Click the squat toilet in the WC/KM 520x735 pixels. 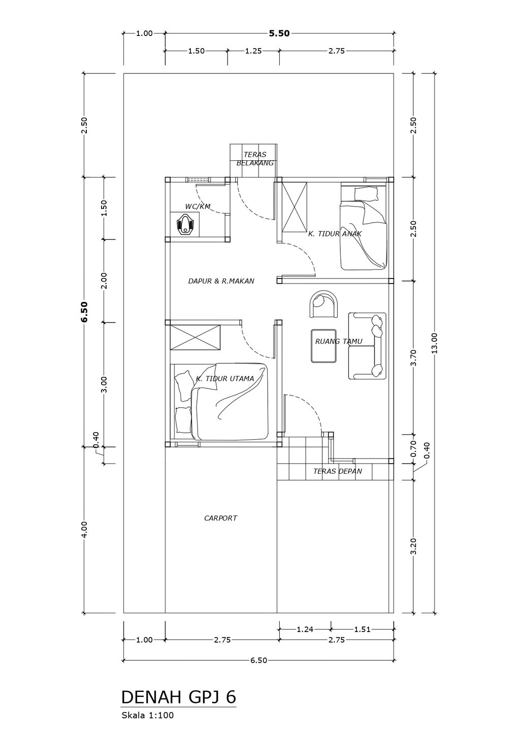coord(185,225)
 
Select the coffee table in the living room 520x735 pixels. coord(324,345)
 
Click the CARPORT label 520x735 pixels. coord(220,518)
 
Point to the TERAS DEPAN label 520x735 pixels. coord(337,471)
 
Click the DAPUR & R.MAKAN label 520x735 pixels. coord(221,281)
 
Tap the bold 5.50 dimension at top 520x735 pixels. coord(279,33)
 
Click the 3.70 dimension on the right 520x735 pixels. coord(413,358)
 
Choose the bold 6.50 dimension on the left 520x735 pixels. coord(84,312)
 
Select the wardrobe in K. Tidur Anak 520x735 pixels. coord(295,207)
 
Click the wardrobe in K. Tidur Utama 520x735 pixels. coord(195,337)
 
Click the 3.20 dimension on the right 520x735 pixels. coord(413,546)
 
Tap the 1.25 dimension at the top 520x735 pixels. coord(253,51)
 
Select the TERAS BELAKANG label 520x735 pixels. coord(255,158)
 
